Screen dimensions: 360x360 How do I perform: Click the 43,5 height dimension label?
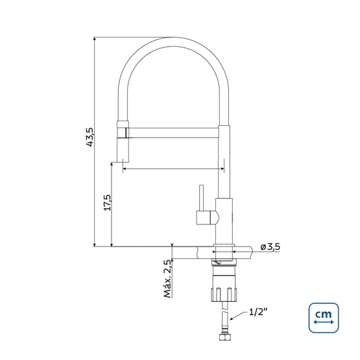90,137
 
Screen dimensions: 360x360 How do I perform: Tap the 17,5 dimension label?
107,203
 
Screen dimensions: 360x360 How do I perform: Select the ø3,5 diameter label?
270,247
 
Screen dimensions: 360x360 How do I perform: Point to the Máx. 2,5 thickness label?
167,279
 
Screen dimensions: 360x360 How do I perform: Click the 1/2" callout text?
258,312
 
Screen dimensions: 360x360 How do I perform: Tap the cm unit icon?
324,318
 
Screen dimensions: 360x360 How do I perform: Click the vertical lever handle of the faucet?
201,198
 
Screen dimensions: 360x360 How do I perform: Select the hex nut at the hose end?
225,337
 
